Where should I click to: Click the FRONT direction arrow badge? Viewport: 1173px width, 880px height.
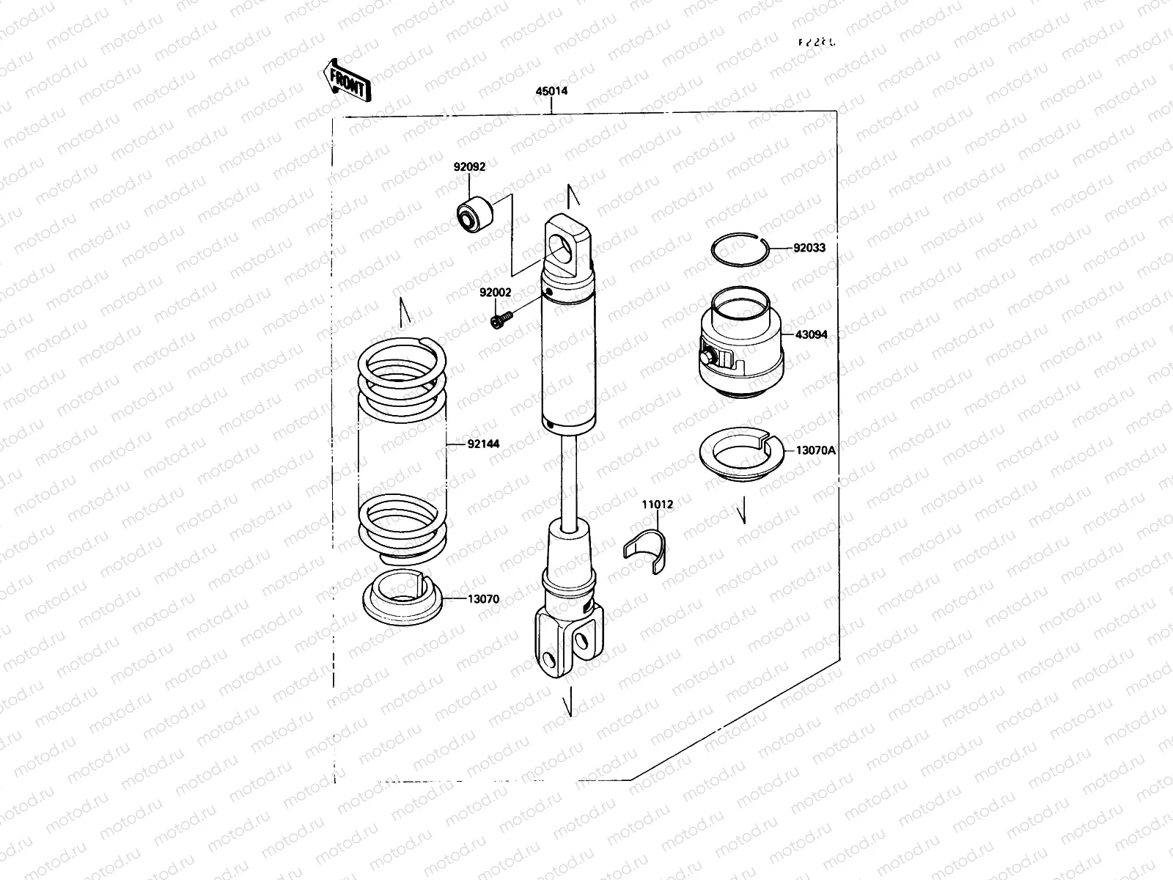point(346,79)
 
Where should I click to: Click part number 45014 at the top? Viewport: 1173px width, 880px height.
point(551,92)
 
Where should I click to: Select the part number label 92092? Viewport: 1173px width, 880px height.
point(469,167)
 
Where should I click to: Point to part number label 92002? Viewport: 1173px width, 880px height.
point(496,292)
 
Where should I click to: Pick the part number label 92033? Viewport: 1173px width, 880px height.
point(809,248)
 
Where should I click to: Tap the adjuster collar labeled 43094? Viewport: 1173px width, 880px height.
point(742,345)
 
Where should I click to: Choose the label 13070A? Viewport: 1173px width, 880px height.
point(815,450)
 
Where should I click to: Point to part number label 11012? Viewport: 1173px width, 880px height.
point(657,505)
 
